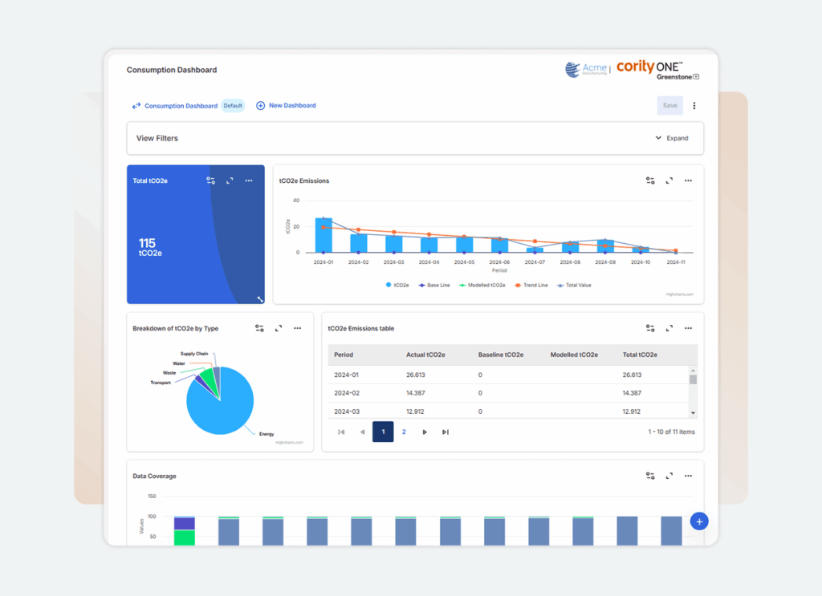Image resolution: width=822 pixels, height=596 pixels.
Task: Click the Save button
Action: coord(669,106)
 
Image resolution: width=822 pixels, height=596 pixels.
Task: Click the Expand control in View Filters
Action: coord(672,138)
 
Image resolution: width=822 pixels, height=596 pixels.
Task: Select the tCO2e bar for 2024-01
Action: coord(324,236)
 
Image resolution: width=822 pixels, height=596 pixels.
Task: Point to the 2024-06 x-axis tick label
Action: coord(499,262)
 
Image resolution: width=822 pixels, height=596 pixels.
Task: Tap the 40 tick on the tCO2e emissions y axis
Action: coord(295,201)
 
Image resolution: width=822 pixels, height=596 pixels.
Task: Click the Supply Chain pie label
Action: coord(194,354)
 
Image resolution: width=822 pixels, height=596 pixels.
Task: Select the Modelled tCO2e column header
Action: coord(574,355)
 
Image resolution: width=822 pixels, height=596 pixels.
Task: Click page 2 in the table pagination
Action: coord(404,432)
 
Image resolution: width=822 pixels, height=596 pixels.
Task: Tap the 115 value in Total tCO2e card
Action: coord(147,243)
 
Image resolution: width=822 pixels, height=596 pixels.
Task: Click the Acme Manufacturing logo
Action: coord(586,70)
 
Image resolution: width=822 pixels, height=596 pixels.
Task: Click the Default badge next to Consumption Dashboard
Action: coord(233,106)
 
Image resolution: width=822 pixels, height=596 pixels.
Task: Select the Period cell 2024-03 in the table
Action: coord(347,412)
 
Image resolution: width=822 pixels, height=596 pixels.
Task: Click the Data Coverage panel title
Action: coord(154,476)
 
